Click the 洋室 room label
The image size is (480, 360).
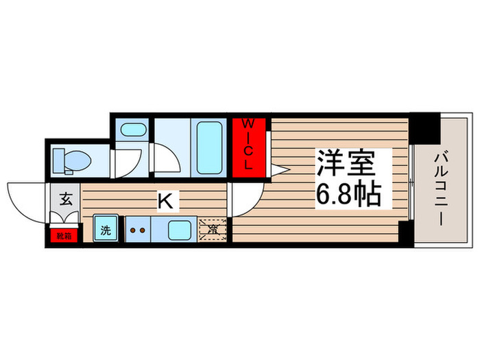tap(347, 165)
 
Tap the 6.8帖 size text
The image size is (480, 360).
tap(348, 197)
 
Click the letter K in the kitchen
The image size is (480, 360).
tap(165, 201)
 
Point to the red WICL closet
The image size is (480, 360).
tap(248, 145)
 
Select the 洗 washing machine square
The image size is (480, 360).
tap(106, 229)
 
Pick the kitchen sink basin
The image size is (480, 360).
tap(181, 228)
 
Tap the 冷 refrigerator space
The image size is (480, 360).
tap(213, 228)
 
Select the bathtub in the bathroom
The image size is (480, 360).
tap(210, 146)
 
